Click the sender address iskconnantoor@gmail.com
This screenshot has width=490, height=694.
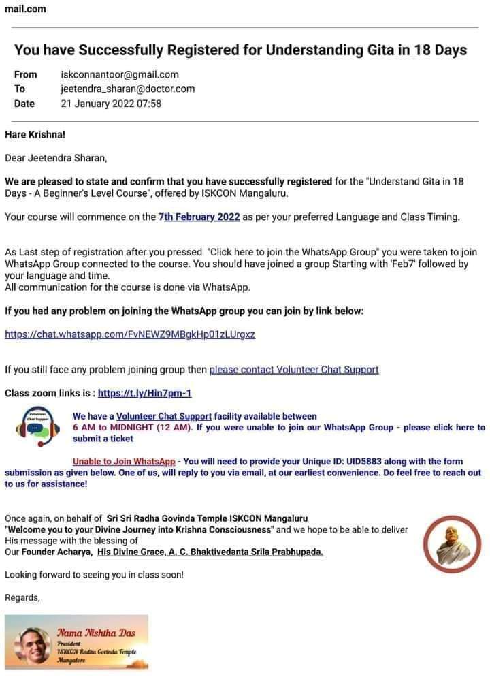pyautogui.click(x=120, y=75)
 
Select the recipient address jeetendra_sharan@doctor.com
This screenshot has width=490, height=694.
pyautogui.click(x=128, y=89)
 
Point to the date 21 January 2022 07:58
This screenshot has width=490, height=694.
pyautogui.click(x=111, y=104)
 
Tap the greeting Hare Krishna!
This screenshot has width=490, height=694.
pyautogui.click(x=35, y=134)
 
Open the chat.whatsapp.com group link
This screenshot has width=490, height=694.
pyautogui.click(x=130, y=334)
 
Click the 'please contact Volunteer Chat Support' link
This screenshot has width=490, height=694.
pyautogui.click(x=294, y=370)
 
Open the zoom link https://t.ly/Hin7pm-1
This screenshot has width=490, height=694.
pyautogui.click(x=145, y=393)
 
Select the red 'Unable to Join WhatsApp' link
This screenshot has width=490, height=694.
pyautogui.click(x=124, y=461)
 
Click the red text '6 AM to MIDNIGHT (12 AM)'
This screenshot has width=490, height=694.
pyautogui.click(x=133, y=428)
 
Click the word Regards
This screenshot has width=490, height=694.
pyautogui.click(x=22, y=597)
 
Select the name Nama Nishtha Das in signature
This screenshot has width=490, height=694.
pyautogui.click(x=95, y=633)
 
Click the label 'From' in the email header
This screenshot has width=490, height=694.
pyautogui.click(x=26, y=75)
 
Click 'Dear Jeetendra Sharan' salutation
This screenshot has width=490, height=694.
pyautogui.click(x=56, y=158)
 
